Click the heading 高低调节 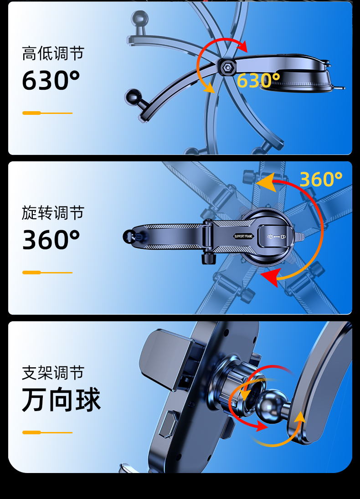(x=53, y=54)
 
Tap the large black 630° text (x=51, y=81)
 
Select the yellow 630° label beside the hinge (x=258, y=81)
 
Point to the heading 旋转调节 (x=53, y=213)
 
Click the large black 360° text (x=51, y=240)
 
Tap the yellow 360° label (x=320, y=180)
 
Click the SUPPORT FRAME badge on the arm (x=243, y=236)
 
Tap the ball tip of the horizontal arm (x=129, y=236)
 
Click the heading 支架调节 (x=53, y=373)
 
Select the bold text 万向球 (x=61, y=400)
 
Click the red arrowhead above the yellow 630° (x=242, y=47)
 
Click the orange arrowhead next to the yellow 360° (x=267, y=183)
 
